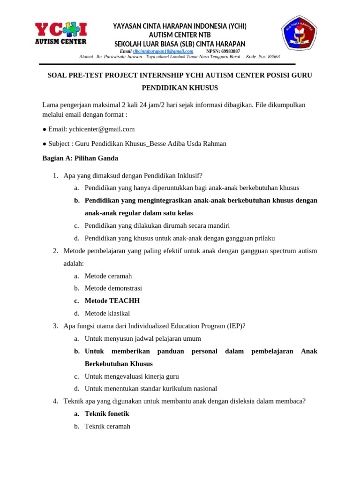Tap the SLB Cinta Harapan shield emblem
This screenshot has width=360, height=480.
299,33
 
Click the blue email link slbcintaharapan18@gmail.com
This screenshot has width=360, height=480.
163,51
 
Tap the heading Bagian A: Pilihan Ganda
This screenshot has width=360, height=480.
80,158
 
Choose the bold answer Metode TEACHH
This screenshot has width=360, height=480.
112,301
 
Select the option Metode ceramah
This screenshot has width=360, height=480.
108,276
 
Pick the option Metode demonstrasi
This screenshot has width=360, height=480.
113,288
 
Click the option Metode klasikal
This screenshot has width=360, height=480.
107,314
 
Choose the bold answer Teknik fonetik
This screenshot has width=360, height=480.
107,414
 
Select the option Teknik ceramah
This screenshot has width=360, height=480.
107,427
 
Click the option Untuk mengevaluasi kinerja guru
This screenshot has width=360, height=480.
132,376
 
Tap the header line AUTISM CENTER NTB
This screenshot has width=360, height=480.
180,35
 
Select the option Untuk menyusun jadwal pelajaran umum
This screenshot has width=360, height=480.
142,339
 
